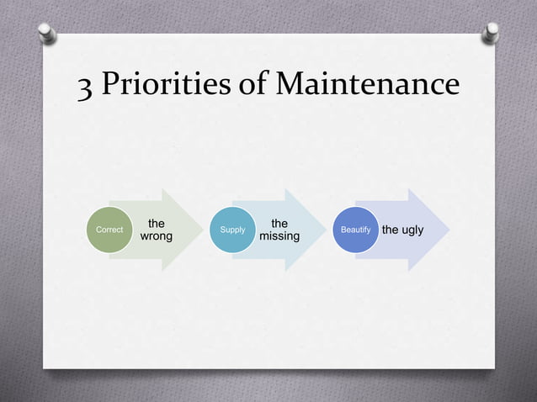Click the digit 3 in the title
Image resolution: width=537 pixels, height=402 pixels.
pos(86,86)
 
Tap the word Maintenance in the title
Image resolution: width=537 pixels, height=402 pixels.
pos(369,84)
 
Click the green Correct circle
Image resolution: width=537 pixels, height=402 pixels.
pos(109,230)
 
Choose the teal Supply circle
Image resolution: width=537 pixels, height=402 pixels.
pos(232,230)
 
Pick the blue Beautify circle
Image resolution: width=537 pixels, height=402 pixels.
pos(355,230)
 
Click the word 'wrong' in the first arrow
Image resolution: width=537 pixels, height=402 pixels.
pos(156,237)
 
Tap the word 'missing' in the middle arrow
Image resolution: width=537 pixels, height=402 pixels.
pos(279,237)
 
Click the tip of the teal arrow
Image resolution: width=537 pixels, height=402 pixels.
pos(324,230)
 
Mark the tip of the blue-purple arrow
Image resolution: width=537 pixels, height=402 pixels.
pos(448,230)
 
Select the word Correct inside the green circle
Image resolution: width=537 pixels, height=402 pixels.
pos(109,230)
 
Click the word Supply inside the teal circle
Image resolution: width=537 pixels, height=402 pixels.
pos(232,230)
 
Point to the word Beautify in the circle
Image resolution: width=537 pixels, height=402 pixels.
pos(355,230)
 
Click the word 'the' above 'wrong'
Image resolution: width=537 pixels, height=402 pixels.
pos(156,224)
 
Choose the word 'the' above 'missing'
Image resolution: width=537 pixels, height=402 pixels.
pos(279,224)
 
